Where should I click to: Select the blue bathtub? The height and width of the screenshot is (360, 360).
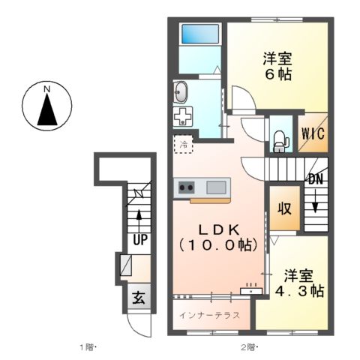click(x=200, y=34)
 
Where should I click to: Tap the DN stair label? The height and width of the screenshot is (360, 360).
click(x=315, y=179)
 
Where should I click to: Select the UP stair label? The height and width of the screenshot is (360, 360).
click(x=139, y=240)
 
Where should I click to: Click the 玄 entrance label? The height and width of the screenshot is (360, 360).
click(x=139, y=296)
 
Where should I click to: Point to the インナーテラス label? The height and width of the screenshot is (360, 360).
click(x=210, y=315)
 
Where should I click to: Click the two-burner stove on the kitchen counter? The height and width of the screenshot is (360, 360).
click(x=185, y=187)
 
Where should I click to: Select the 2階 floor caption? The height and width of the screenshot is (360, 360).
click(x=248, y=347)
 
